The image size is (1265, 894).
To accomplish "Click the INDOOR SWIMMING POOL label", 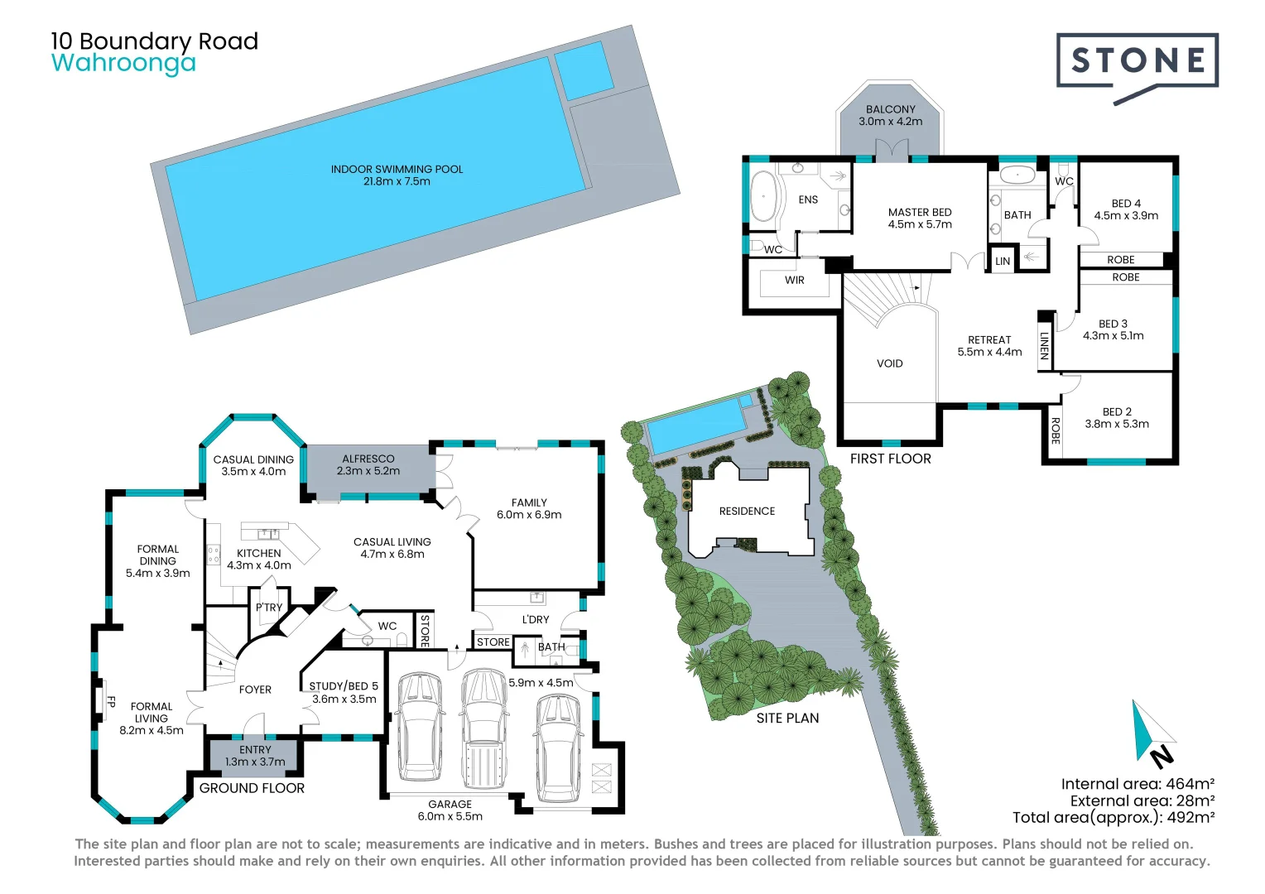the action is pyautogui.click(x=397, y=170).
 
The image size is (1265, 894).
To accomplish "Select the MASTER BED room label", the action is pyautogui.click(x=920, y=213).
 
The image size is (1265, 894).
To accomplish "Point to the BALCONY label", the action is pyautogui.click(x=890, y=109).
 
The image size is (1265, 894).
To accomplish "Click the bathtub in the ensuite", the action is pyautogui.click(x=762, y=196).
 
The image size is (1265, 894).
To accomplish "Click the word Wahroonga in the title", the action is pyautogui.click(x=123, y=63).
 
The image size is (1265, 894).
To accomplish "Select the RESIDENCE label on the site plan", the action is pyautogui.click(x=747, y=512).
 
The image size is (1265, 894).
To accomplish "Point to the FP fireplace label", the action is pyautogui.click(x=111, y=702).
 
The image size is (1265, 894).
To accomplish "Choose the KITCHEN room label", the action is pyautogui.click(x=259, y=554).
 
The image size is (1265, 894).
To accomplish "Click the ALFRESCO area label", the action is pyautogui.click(x=368, y=459).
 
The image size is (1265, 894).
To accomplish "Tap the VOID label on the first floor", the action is pyautogui.click(x=890, y=363).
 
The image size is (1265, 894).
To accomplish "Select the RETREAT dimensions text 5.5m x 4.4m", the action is pyautogui.click(x=989, y=352).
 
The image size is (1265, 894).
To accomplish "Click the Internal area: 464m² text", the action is pyautogui.click(x=1138, y=784).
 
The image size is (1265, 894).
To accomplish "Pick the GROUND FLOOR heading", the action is pyautogui.click(x=252, y=789).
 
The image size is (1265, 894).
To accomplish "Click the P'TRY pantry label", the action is pyautogui.click(x=269, y=608).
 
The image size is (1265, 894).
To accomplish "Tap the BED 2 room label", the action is pyautogui.click(x=1117, y=411).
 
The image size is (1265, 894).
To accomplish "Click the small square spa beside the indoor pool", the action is pyautogui.click(x=584, y=70).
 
